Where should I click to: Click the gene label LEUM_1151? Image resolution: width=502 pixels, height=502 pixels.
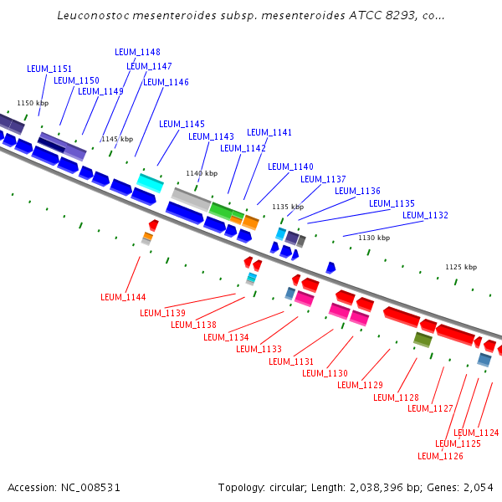(49, 69)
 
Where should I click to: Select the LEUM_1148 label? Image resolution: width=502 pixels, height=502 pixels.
(137, 52)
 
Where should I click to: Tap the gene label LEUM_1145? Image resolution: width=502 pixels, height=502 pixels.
(182, 124)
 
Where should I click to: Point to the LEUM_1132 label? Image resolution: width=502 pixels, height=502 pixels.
(425, 215)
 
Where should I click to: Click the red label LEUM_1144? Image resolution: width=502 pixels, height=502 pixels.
(123, 297)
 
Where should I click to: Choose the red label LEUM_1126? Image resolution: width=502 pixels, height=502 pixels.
(440, 456)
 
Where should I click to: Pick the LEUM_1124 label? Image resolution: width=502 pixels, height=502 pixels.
(476, 433)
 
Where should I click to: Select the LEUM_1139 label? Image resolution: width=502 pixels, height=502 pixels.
(162, 313)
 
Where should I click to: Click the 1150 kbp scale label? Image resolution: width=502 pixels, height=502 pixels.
(33, 103)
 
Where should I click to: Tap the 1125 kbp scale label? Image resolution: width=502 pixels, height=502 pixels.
(460, 267)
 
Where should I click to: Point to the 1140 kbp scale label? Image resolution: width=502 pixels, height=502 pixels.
(201, 173)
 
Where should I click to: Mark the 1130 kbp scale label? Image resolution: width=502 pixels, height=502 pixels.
(374, 238)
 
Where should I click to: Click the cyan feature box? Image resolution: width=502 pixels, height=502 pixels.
(151, 182)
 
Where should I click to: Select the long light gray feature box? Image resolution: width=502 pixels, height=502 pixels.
(191, 199)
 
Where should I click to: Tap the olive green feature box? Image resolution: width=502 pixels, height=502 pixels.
(423, 339)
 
